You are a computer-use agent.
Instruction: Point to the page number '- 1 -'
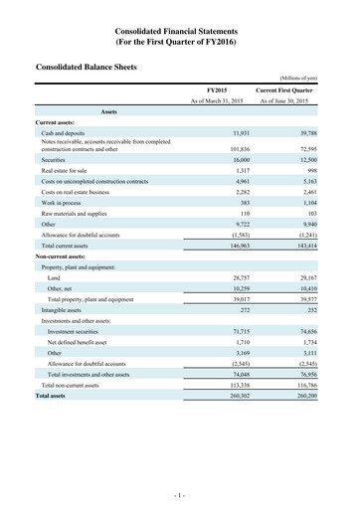[180, 494]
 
